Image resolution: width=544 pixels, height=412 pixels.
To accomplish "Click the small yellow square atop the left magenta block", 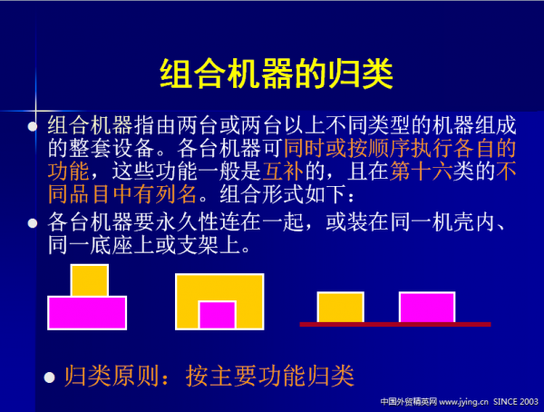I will click(x=89, y=280).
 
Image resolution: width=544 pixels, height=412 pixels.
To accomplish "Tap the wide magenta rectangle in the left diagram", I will click(x=87, y=312).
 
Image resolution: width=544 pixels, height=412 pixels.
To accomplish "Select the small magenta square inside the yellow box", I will click(x=218, y=315).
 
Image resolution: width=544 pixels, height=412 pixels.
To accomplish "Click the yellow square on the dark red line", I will click(x=340, y=307).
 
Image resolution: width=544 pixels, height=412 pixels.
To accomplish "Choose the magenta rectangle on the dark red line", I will click(x=426, y=307).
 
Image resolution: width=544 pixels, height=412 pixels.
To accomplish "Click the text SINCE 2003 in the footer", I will click(x=516, y=400).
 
